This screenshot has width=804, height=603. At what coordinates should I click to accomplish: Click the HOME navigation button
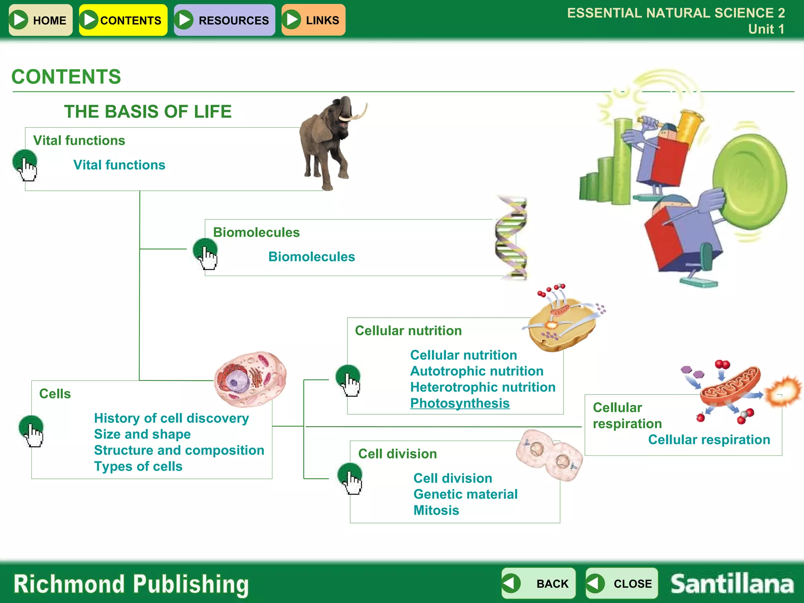(x=40, y=20)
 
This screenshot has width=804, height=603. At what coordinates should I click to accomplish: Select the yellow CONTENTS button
(x=123, y=20)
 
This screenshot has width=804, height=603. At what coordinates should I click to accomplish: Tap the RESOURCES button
(x=224, y=20)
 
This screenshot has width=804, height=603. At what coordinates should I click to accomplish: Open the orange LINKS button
(x=313, y=20)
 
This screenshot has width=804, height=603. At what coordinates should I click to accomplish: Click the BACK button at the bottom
(x=538, y=583)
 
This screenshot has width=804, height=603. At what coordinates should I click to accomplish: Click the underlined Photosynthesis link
(x=460, y=403)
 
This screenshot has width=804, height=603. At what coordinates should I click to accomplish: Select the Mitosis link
(x=436, y=510)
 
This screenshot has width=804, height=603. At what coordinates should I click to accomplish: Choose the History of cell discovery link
(x=171, y=418)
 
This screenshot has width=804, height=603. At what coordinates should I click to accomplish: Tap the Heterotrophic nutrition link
(x=482, y=387)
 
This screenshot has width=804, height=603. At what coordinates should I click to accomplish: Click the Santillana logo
(x=732, y=584)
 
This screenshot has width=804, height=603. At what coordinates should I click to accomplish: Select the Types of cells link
(x=138, y=466)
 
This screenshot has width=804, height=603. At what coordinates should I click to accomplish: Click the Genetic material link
(x=465, y=494)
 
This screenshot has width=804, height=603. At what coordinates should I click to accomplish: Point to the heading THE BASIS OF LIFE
(x=148, y=111)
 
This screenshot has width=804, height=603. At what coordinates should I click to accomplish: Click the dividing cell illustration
(x=550, y=455)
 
